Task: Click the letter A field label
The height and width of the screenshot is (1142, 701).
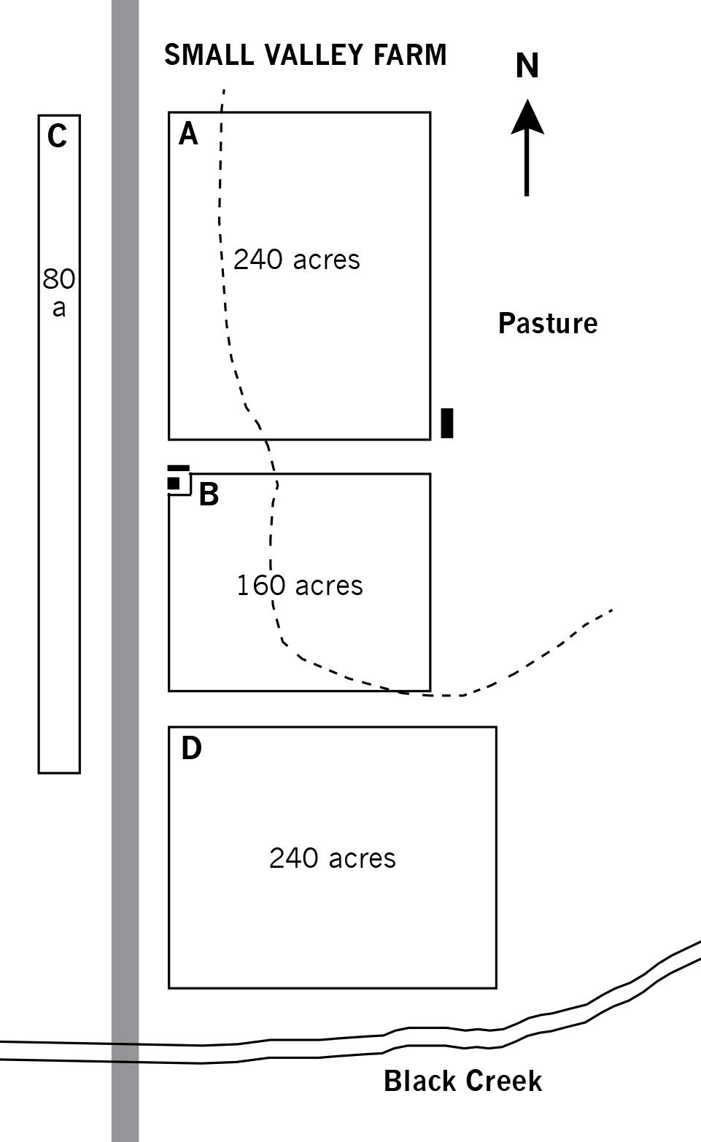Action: point(188,135)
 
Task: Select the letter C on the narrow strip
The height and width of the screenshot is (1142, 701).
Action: point(57,136)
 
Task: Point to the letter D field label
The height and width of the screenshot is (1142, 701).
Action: point(192,748)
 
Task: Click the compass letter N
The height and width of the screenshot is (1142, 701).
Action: point(527,66)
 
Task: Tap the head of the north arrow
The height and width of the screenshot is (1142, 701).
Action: point(527,117)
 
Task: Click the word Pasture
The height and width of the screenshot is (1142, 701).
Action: point(548,323)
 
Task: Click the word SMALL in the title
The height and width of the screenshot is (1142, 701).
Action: point(209,55)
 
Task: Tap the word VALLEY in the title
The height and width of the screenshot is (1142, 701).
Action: point(314,55)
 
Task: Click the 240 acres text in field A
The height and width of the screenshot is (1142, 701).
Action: point(297,260)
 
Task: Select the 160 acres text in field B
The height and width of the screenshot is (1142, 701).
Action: point(300,586)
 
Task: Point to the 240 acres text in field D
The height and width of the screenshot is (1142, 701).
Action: point(333,858)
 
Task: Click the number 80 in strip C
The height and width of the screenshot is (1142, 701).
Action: point(58,279)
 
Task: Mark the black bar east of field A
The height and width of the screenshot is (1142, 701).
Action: point(447,423)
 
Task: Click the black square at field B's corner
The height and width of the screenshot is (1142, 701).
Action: point(174,483)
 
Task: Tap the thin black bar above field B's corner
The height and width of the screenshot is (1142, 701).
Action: point(179,468)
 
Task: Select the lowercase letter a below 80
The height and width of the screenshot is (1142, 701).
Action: point(59,308)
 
